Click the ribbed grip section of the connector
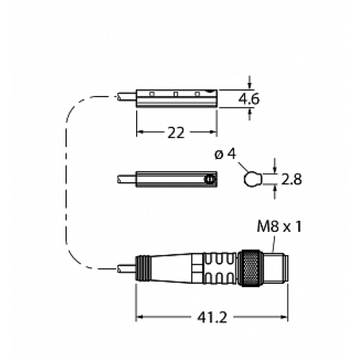pos(215,268)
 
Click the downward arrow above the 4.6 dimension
pos(250,81)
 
